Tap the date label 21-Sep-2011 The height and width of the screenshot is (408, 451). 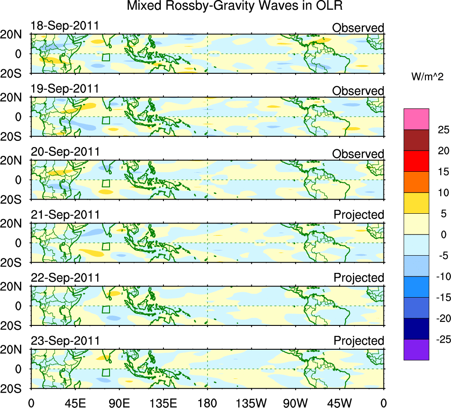coord(65,215)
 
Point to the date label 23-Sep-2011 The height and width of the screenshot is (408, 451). coord(65,341)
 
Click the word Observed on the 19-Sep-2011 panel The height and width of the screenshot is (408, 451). coord(358,91)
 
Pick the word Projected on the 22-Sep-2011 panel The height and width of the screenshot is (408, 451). coord(359,278)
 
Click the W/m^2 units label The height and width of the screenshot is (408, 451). coord(428,76)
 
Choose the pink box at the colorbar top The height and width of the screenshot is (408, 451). coord(416,119)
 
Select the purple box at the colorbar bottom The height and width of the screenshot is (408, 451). coord(416,349)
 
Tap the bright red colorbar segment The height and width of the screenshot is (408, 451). coord(416,161)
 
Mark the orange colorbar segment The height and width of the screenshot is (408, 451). coord(416,182)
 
